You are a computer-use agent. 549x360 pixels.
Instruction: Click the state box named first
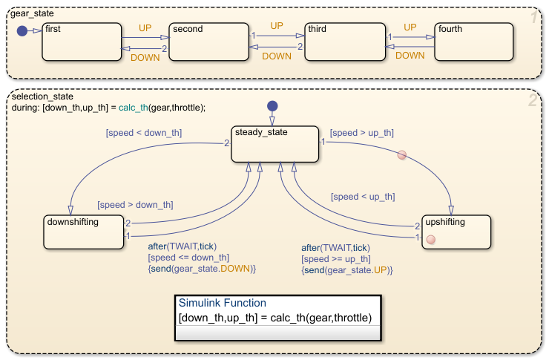[x=82, y=42]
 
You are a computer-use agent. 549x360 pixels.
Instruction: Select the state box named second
[x=207, y=42]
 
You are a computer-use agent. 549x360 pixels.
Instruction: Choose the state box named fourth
[x=474, y=42]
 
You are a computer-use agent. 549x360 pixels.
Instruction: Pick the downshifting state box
[x=83, y=233]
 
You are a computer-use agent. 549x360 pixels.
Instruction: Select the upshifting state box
[x=456, y=233]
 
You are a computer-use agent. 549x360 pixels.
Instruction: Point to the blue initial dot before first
[x=22, y=31]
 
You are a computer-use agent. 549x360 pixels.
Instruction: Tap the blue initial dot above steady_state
[x=272, y=105]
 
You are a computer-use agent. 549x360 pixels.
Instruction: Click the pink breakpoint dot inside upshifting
[x=430, y=239]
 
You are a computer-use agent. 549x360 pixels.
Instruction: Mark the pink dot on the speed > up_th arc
[x=401, y=155]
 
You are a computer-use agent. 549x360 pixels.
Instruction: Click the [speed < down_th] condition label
[x=143, y=133]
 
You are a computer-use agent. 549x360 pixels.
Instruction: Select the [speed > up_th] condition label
[x=361, y=133]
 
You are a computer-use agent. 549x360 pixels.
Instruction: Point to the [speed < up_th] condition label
[x=363, y=197]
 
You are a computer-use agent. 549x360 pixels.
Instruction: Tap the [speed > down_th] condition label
[x=135, y=205]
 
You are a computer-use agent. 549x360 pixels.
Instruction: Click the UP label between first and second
[x=145, y=27]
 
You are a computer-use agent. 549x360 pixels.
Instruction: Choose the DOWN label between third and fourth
[x=410, y=55]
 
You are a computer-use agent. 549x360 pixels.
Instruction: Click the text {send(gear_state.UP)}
[x=346, y=271]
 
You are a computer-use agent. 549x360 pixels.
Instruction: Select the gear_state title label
[x=33, y=14]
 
